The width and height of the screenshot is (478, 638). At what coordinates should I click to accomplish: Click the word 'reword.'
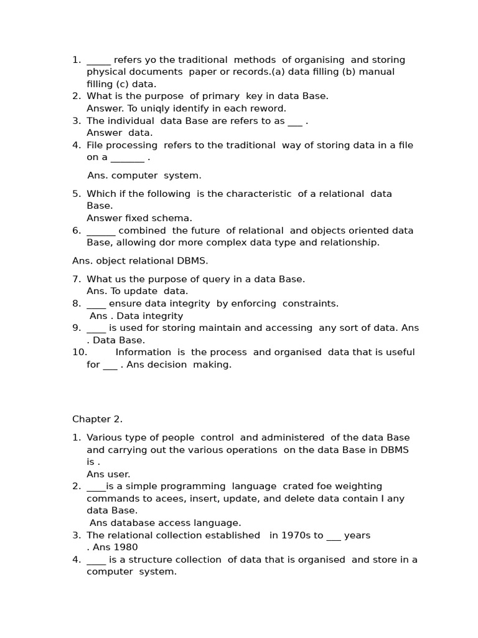266,108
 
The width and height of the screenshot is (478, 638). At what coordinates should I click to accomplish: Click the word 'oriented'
368,231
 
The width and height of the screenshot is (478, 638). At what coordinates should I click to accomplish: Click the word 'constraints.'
311,303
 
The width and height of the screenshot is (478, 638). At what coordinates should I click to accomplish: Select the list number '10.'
79,352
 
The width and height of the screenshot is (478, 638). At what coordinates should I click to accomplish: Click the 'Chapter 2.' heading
97,419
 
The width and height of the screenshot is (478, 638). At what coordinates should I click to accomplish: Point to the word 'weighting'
355,486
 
